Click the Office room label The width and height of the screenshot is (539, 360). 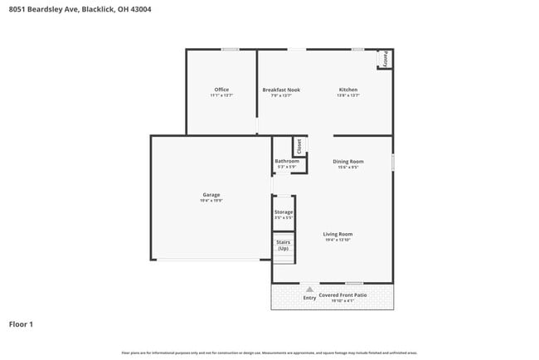[221, 90]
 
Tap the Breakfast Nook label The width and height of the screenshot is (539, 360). [281, 90]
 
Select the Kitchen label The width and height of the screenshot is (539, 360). [348, 90]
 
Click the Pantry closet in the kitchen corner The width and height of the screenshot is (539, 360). [385, 60]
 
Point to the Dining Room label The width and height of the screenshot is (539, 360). [348, 162]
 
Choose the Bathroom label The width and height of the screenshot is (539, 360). [286, 161]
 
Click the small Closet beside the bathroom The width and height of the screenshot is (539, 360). [300, 147]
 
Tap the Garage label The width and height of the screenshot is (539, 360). [211, 195]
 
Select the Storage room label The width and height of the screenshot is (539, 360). [284, 212]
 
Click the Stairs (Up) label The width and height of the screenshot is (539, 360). [284, 246]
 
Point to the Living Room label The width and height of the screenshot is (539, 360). [338, 234]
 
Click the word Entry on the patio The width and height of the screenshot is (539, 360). [309, 297]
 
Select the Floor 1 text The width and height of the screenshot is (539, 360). [21, 324]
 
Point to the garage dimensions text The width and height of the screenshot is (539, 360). [211, 201]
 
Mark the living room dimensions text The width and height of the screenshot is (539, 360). [338, 240]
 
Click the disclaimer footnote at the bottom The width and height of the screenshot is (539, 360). [269, 353]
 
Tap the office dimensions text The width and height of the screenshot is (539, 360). [221, 95]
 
